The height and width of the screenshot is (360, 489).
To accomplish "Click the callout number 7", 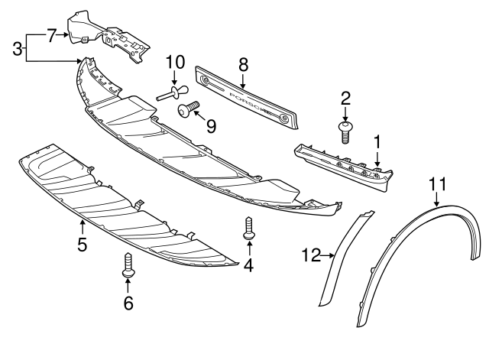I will (52, 34).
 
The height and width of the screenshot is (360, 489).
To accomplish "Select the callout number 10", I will (175, 61).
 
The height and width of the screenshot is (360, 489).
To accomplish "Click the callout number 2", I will (345, 98).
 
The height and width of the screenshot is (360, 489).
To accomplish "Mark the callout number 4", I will (248, 265).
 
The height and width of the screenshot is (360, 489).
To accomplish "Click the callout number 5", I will (82, 245).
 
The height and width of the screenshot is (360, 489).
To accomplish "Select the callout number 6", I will (128, 303).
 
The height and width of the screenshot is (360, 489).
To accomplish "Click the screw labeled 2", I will (345, 130).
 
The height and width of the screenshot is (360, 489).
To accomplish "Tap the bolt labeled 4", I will (248, 229).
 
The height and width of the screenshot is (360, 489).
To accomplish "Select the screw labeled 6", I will (128, 265).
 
